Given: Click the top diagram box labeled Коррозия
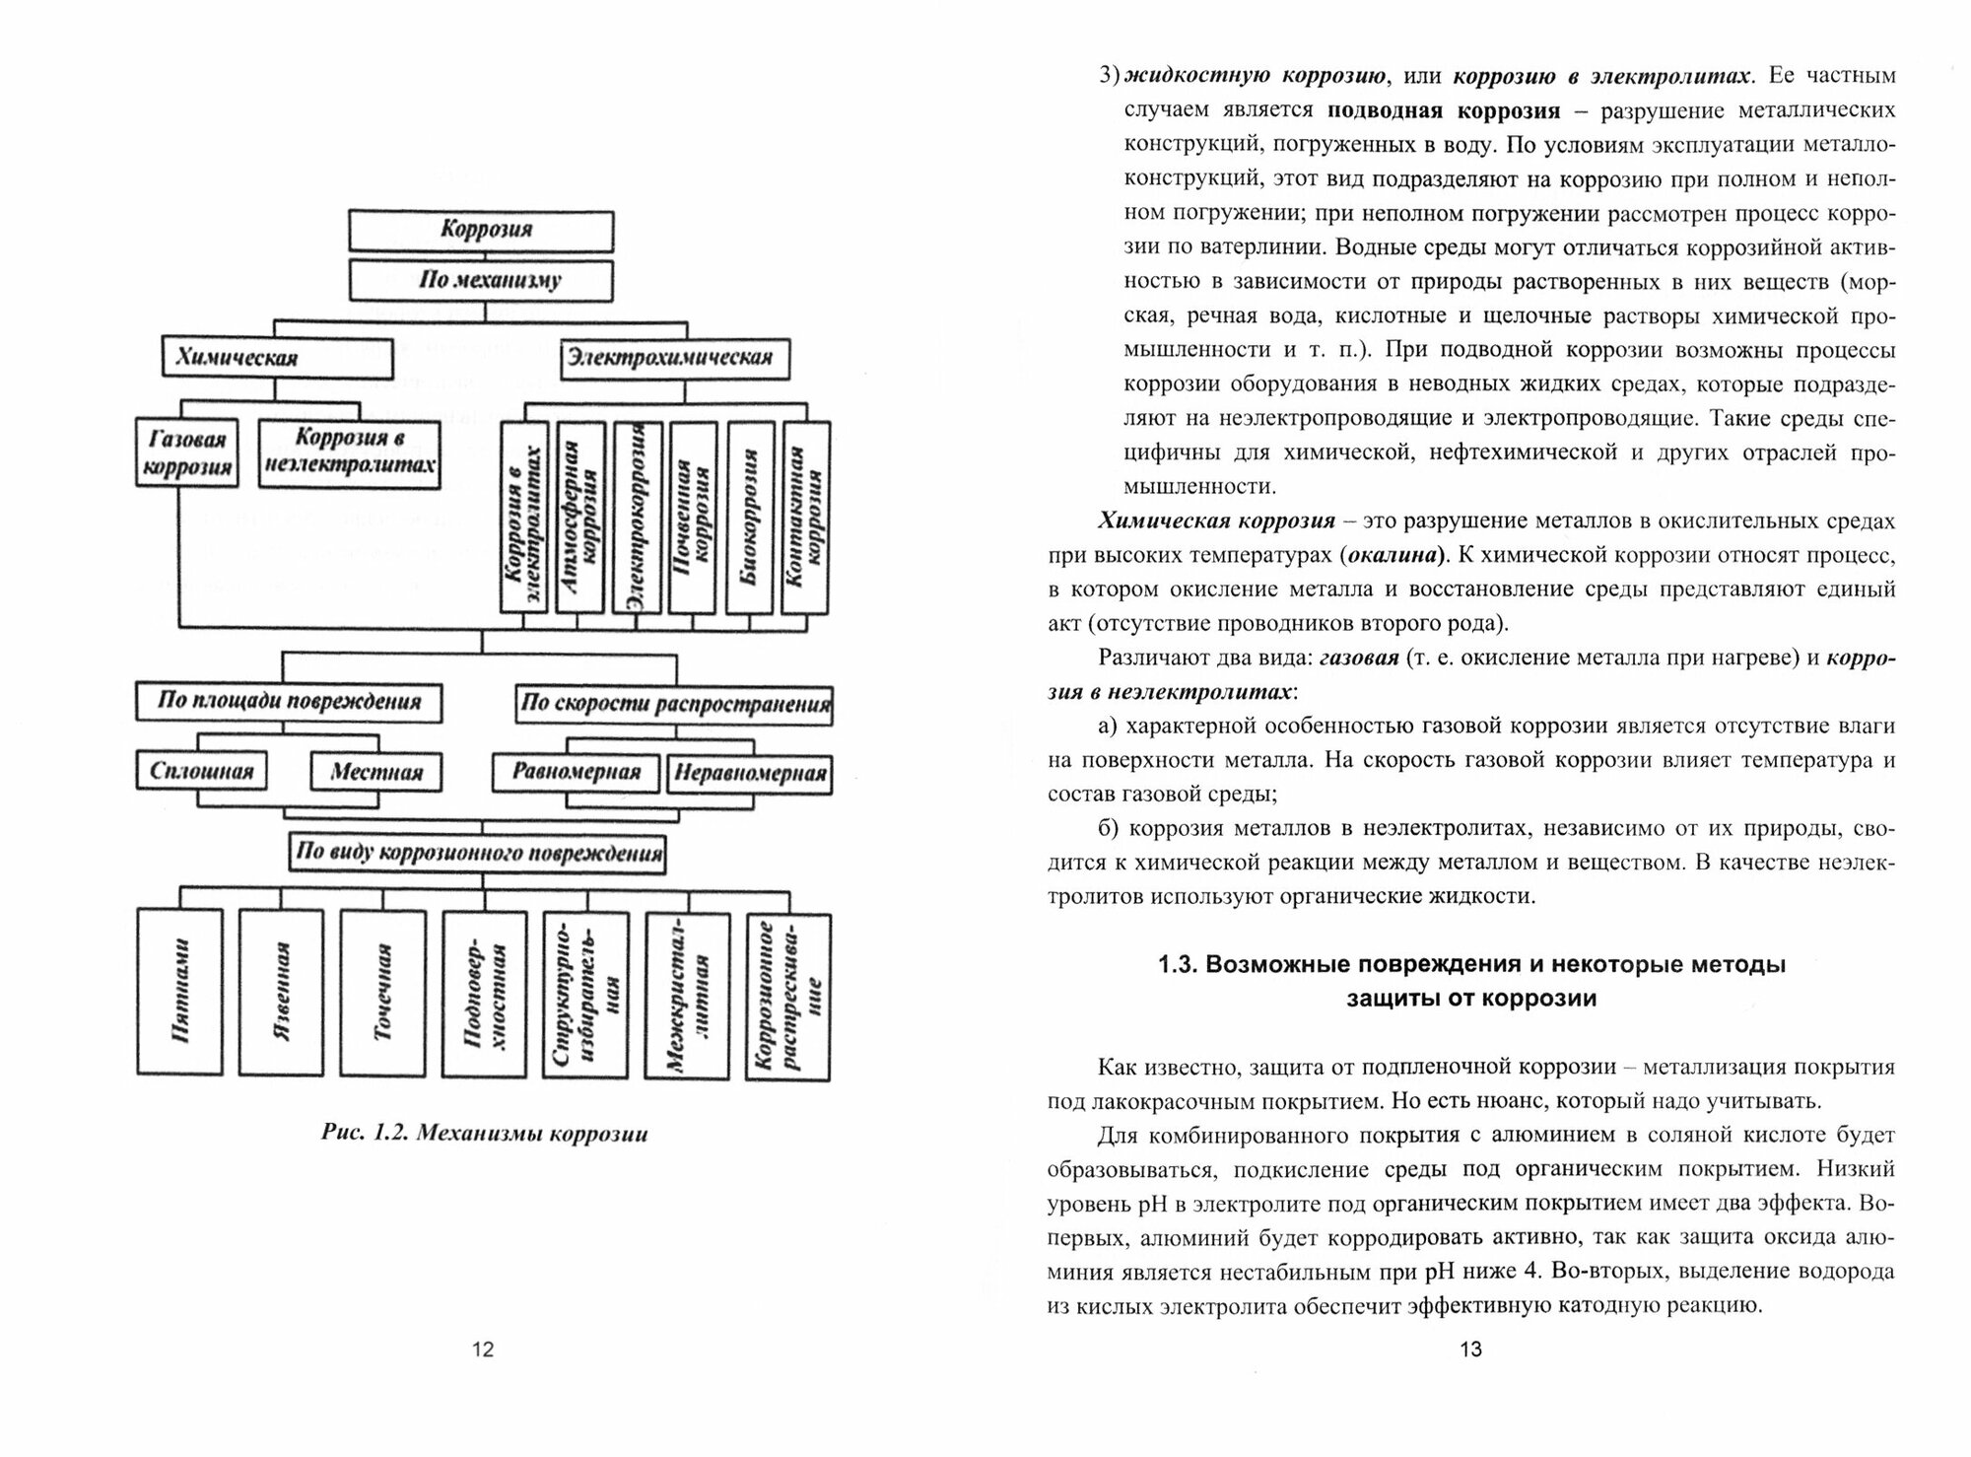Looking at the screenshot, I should click(482, 231).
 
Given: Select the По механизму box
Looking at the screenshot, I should click(482, 281).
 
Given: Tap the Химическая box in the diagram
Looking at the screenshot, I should click(277, 358).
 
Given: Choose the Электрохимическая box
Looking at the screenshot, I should click(676, 358).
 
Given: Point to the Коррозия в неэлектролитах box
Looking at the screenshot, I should click(350, 452).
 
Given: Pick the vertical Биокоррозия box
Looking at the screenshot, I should click(750, 518).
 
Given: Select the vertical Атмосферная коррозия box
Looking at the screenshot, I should click(580, 518).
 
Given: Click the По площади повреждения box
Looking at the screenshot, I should click(289, 703).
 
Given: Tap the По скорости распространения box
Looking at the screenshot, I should click(675, 705).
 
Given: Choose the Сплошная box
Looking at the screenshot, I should click(201, 772).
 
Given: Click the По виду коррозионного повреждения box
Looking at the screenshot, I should click(478, 853).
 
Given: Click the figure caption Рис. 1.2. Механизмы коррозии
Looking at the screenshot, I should click(485, 1134).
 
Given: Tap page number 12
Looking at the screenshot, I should click(483, 1350).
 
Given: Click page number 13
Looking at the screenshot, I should click(1469, 1350).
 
